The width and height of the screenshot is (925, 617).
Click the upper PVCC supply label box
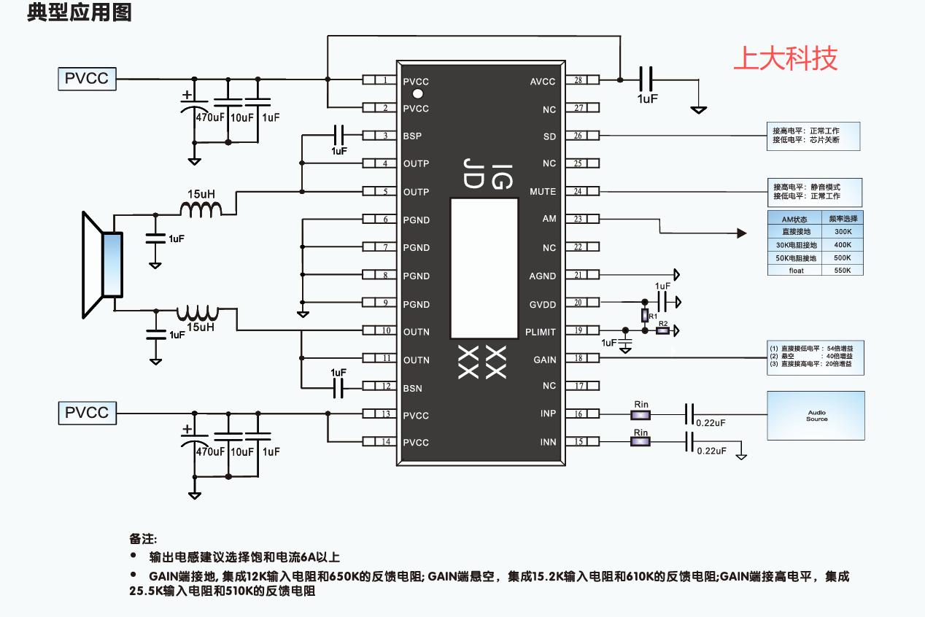[87, 78]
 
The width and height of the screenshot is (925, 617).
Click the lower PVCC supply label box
[87, 413]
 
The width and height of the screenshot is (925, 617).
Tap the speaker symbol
[101, 265]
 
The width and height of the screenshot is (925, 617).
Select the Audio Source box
[816, 416]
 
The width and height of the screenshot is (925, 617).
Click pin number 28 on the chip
[578, 80]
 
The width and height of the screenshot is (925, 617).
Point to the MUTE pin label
[543, 192]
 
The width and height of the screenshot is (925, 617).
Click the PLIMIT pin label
[540, 332]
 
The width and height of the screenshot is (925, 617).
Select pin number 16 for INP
[578, 414]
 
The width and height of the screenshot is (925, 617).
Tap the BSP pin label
[412, 136]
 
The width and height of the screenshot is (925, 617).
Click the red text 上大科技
[785, 58]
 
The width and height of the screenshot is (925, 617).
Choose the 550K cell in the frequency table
[843, 271]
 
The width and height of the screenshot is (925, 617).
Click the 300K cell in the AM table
[843, 231]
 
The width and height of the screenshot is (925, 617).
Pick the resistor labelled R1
[644, 315]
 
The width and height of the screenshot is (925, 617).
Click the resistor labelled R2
[662, 331]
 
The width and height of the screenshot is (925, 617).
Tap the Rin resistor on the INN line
[640, 442]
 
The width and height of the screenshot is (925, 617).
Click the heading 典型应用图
[79, 14]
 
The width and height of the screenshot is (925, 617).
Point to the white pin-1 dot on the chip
[418, 94]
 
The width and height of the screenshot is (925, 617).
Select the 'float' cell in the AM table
[795, 271]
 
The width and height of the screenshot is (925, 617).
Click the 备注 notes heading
[144, 539]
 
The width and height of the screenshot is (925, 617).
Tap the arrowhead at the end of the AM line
[742, 233]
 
